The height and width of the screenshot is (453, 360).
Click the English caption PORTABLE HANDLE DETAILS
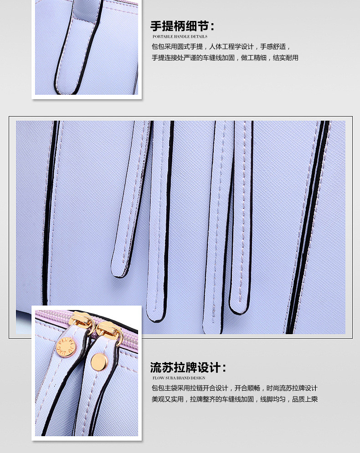[x=180, y=36]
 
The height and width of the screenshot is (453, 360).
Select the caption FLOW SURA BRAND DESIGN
[x=179, y=378]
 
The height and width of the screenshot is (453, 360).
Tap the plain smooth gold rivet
[x=99, y=361]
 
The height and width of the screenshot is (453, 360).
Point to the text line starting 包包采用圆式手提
[x=221, y=46]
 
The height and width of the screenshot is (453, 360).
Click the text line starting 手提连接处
[x=225, y=58]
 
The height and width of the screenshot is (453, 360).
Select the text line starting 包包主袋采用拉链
[x=235, y=388]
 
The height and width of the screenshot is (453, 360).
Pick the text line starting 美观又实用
[x=235, y=399]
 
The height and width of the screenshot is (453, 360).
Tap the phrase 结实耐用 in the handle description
[x=286, y=58]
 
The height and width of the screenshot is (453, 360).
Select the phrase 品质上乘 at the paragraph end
[x=305, y=399]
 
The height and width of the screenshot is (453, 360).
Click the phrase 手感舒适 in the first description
[x=273, y=46]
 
